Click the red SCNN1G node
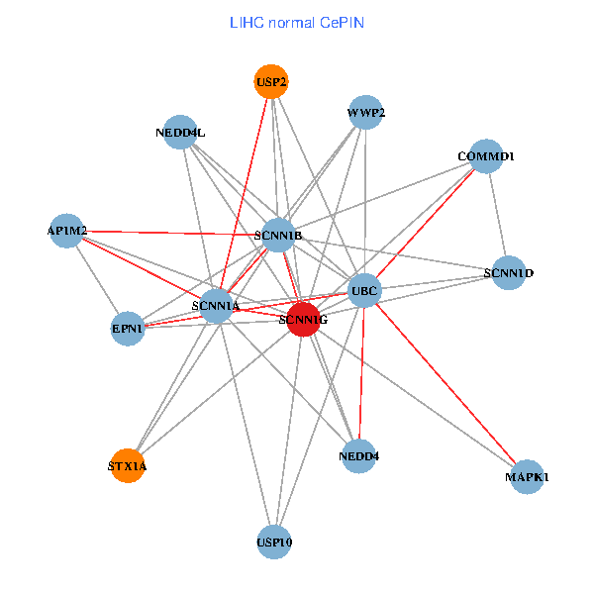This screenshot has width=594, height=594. click(x=303, y=319)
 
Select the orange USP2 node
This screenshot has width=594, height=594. click(x=271, y=83)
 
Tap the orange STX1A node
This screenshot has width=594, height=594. click(x=128, y=464)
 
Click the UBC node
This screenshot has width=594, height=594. click(x=364, y=290)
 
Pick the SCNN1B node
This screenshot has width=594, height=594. click(x=278, y=235)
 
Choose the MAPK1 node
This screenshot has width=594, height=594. click(x=527, y=477)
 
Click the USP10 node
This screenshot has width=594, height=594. click(x=274, y=542)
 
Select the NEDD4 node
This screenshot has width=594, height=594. click(x=358, y=455)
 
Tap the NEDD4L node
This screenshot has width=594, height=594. click(x=180, y=132)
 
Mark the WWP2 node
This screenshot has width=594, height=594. click(x=366, y=113)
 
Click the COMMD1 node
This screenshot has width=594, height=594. click(x=486, y=156)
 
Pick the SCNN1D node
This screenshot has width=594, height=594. click(x=509, y=272)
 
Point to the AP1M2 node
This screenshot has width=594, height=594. click(x=67, y=231)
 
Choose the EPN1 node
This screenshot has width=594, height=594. click(x=129, y=328)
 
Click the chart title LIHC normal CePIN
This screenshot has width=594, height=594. click(x=296, y=22)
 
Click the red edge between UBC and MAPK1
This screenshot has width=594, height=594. click(x=445, y=384)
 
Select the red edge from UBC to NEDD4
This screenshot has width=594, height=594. click(x=361, y=373)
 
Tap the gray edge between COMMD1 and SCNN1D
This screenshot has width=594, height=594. click(x=497, y=214)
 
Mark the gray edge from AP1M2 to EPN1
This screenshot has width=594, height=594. click(x=98, y=279)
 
